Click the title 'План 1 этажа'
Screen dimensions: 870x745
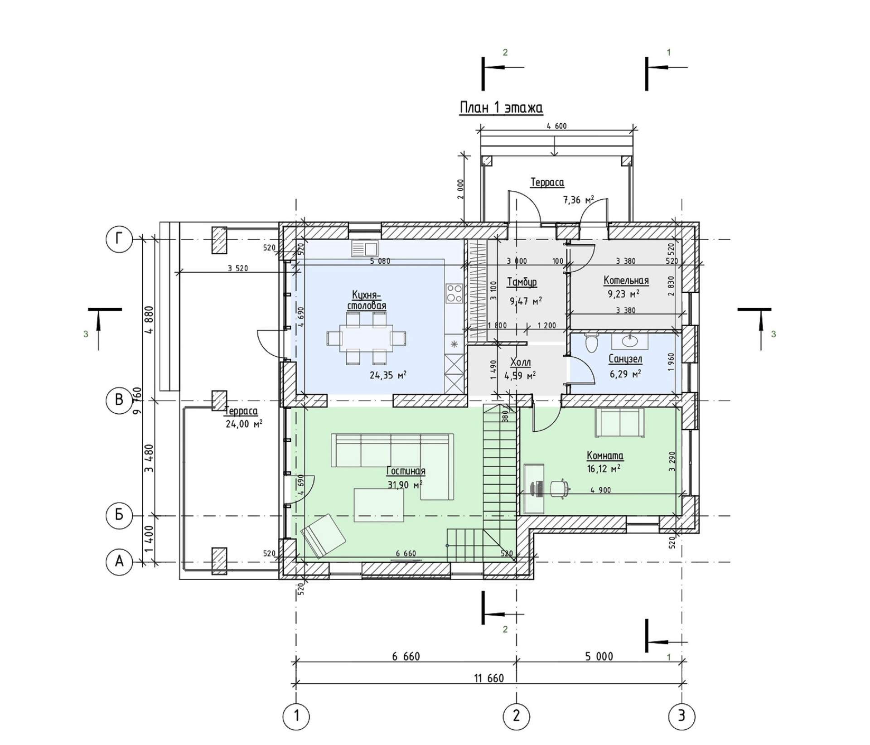(x=501, y=108)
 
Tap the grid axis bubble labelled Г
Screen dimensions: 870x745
(x=119, y=239)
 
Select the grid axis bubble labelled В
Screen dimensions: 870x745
(x=119, y=400)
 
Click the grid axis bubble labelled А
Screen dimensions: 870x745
(x=119, y=562)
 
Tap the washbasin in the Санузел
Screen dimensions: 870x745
(x=630, y=340)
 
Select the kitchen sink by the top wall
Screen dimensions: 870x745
(x=364, y=248)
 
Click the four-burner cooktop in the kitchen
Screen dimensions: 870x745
(x=454, y=294)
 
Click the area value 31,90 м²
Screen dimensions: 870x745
(x=405, y=485)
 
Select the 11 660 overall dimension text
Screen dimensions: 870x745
(x=489, y=678)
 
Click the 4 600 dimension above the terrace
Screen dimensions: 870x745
(x=556, y=126)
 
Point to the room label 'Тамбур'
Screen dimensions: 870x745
(x=522, y=282)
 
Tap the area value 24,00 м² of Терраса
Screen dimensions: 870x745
(x=244, y=424)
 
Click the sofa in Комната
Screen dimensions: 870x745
(x=620, y=422)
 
